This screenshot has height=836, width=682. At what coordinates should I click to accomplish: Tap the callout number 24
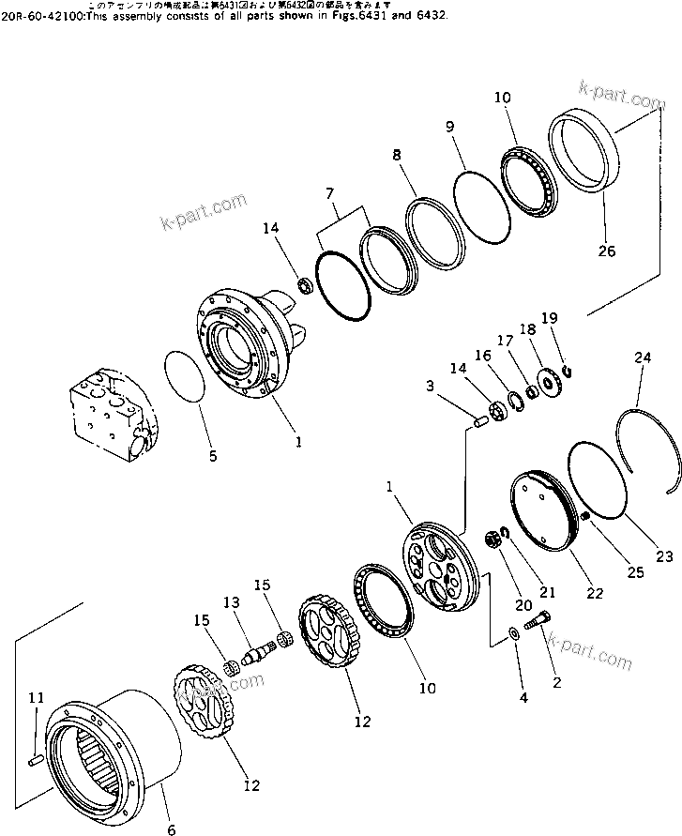(x=641, y=357)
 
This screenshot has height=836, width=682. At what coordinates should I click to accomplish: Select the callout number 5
(x=212, y=457)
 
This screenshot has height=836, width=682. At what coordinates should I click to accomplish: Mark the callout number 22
(x=596, y=593)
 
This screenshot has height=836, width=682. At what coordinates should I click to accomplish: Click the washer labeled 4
(x=515, y=633)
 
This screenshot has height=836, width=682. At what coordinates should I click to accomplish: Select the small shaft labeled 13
(x=254, y=650)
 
